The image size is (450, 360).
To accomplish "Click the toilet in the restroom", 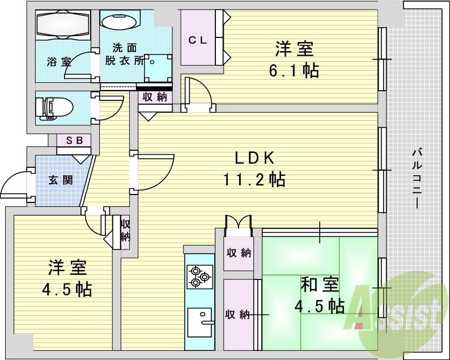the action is (54, 108).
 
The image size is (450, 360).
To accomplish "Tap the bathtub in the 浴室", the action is (63, 25).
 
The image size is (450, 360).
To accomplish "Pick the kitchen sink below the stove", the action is (201, 323).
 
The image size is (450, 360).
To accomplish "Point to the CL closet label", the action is (197, 40).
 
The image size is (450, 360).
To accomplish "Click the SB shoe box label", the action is (74, 141).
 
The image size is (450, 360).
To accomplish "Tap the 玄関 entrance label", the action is (61, 180).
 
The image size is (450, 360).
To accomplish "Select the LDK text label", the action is (254, 158).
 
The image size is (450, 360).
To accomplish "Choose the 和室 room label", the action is (320, 284).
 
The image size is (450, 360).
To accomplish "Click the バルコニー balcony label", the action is (417, 179).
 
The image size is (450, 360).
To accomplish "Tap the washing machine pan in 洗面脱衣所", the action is (158, 69).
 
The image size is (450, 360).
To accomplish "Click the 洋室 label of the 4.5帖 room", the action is (67, 268).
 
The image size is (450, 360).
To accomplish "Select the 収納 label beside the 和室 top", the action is (239, 253).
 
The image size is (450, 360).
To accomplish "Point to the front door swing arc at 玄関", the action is (11, 178).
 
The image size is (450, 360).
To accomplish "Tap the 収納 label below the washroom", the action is (155, 98).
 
